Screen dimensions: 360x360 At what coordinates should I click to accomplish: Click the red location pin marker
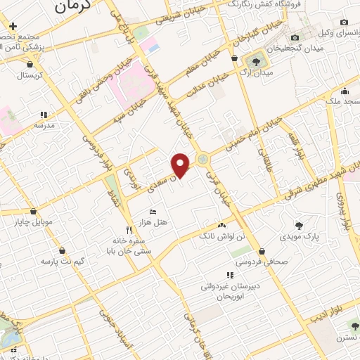point(181,165)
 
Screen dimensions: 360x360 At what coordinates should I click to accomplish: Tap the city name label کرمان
point(74,7)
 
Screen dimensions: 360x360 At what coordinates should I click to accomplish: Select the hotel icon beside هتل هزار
point(153,212)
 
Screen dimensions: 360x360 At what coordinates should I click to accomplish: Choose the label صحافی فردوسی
point(262,262)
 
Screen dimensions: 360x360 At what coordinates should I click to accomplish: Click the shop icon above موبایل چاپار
point(33,211)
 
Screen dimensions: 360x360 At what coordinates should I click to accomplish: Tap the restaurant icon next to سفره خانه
point(128,229)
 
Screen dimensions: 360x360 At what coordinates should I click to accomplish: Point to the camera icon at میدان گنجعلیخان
point(295,37)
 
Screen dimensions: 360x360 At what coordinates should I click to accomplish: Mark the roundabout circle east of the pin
point(203,160)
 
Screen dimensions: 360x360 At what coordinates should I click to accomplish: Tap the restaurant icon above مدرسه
point(44,114)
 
